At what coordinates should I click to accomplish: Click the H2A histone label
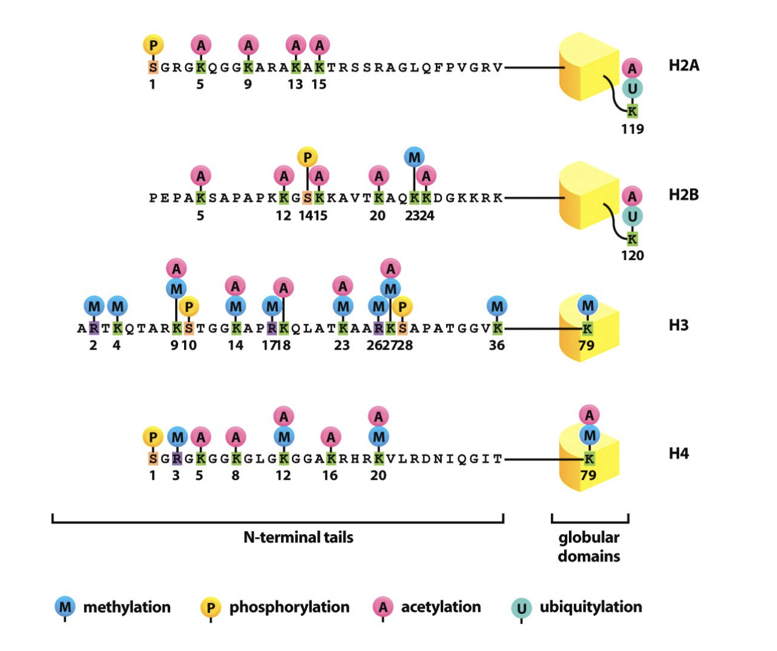tap(683, 65)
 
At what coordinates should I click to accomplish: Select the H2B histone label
tap(683, 195)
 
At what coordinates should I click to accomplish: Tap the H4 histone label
tap(679, 454)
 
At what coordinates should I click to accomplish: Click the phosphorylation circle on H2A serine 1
tap(153, 45)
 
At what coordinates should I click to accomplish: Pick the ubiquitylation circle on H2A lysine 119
tap(632, 89)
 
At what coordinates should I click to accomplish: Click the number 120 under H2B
tap(632, 256)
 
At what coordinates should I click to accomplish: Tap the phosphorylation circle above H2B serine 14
tap(307, 158)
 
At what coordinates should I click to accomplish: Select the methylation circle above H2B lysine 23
tap(414, 158)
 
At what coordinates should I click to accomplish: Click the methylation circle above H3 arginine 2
tap(94, 307)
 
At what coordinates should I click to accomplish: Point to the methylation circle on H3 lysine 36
tap(497, 307)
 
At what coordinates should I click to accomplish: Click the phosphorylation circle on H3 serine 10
tap(189, 307)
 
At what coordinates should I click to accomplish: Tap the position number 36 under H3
tap(496, 345)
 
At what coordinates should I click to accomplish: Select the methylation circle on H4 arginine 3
tap(177, 437)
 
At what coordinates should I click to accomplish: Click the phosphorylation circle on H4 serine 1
tap(153, 437)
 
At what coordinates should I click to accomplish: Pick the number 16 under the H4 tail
tap(330, 475)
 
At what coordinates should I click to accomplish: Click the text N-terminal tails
tap(298, 537)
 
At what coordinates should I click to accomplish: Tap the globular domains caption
tap(589, 546)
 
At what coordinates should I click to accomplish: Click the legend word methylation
tap(127, 607)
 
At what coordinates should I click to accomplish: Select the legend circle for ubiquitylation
tap(521, 608)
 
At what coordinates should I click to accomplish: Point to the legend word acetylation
tap(441, 607)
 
